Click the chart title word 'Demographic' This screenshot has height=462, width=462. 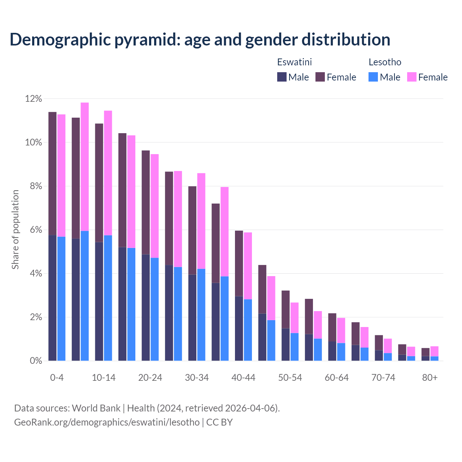coord(59,40)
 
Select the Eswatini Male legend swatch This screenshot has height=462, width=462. coord(282,77)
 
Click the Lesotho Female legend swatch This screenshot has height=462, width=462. coord(412,77)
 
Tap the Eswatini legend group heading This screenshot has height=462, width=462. coord(294,62)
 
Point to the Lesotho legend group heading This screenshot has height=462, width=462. coord(385,62)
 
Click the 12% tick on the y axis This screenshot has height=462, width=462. coord(34,99)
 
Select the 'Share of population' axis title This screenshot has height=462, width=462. coord(16,230)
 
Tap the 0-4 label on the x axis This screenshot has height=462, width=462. coord(57,378)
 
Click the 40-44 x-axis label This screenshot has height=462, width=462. coord(243,378)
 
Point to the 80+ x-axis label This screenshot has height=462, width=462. coord(430,378)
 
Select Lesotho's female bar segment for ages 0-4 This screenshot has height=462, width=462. coord(61,175)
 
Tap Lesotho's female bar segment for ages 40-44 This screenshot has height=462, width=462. coord(248,266)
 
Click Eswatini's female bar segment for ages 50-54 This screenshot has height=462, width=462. coord(286,309)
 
